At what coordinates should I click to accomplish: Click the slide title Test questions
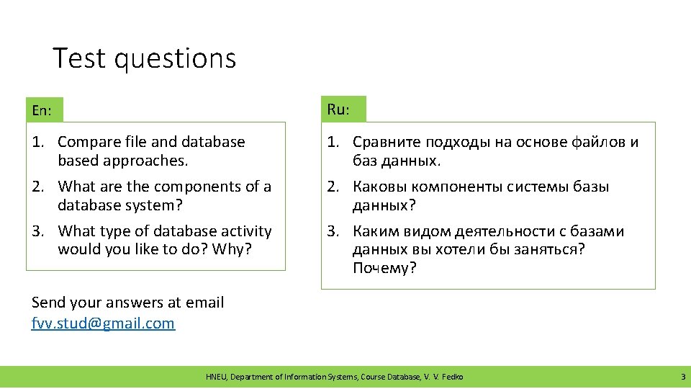pos(144,58)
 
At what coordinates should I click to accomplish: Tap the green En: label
pos(42,111)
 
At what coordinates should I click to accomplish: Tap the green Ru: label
pos(339,109)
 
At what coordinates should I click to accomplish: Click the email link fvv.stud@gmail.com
pos(103,323)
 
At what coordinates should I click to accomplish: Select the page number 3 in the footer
pos(682,377)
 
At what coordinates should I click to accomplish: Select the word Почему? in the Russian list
pos(384,269)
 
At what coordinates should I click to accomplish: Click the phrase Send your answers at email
pos(128,303)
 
